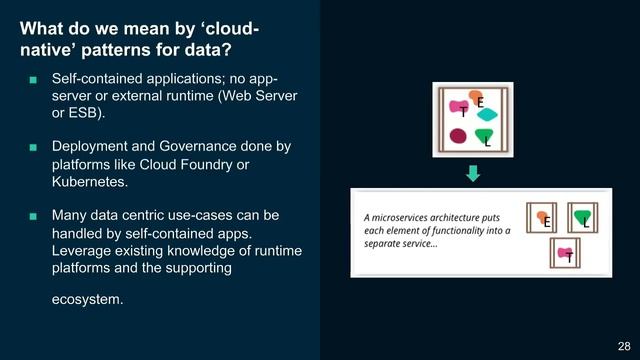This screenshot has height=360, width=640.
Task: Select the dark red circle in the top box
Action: (458, 136)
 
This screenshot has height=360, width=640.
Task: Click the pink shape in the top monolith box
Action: (459, 107)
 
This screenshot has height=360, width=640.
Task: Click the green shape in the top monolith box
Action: (484, 135)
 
